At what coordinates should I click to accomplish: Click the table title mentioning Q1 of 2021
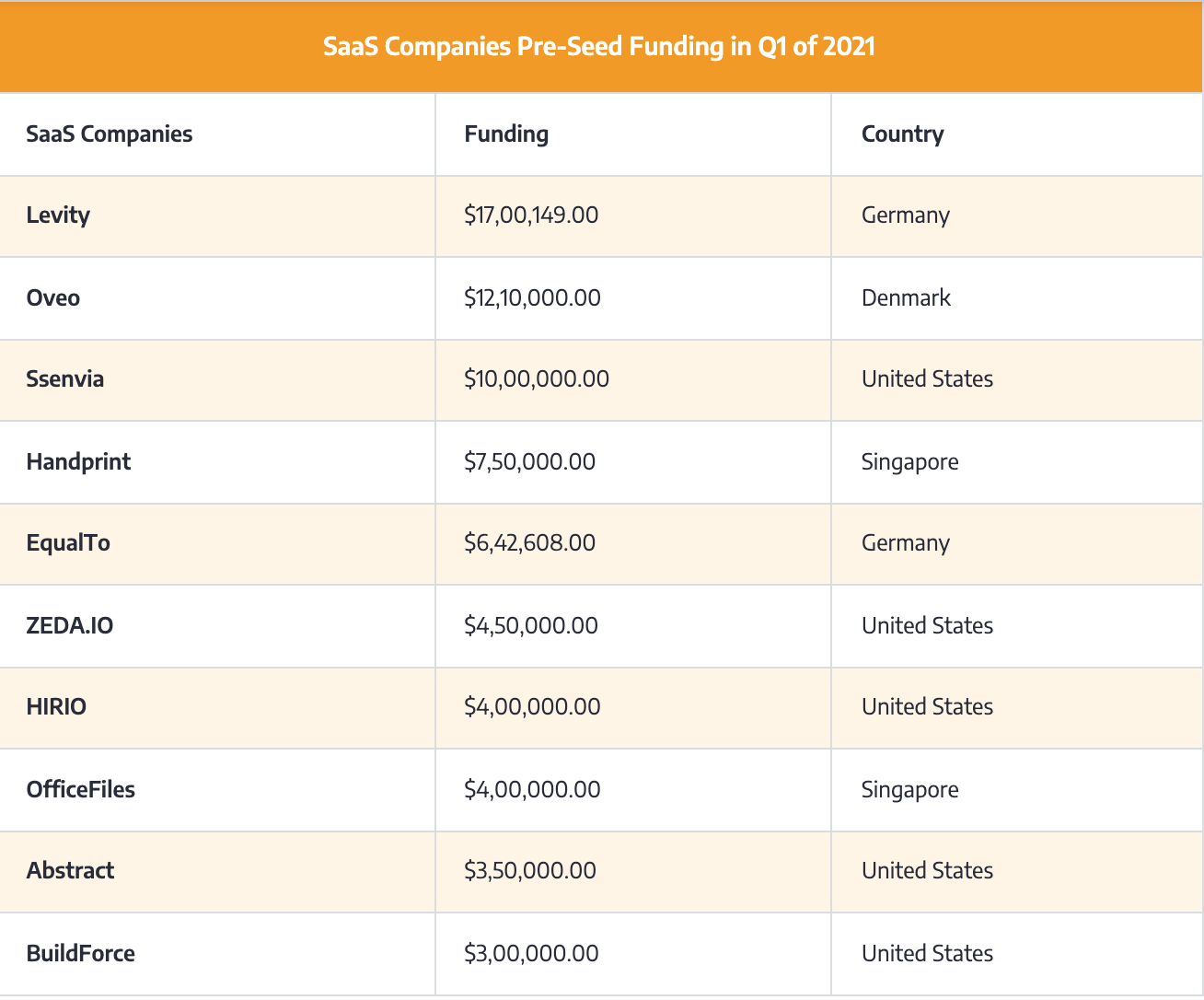(599, 46)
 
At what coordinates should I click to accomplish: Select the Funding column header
(506, 134)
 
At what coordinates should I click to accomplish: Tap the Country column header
(902, 134)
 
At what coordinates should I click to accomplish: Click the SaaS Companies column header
(109, 134)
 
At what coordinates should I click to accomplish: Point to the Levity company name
(58, 215)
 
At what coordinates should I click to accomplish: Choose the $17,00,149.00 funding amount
(531, 215)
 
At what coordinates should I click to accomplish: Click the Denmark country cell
(906, 298)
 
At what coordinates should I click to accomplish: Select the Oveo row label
(53, 298)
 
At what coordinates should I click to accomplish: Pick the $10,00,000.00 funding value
(537, 379)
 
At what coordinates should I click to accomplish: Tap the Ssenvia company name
(64, 379)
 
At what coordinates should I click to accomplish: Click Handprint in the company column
(78, 461)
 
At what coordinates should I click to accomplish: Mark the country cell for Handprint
(909, 461)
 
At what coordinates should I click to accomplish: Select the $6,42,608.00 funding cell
(529, 543)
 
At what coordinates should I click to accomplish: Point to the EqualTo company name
(68, 543)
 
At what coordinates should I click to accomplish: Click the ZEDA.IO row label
(70, 626)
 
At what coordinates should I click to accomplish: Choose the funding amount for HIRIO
(532, 707)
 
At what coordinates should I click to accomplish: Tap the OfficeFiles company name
(81, 790)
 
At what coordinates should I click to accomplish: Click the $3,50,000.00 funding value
(530, 871)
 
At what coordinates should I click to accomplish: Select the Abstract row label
(70, 871)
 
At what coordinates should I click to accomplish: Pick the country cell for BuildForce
(927, 954)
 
